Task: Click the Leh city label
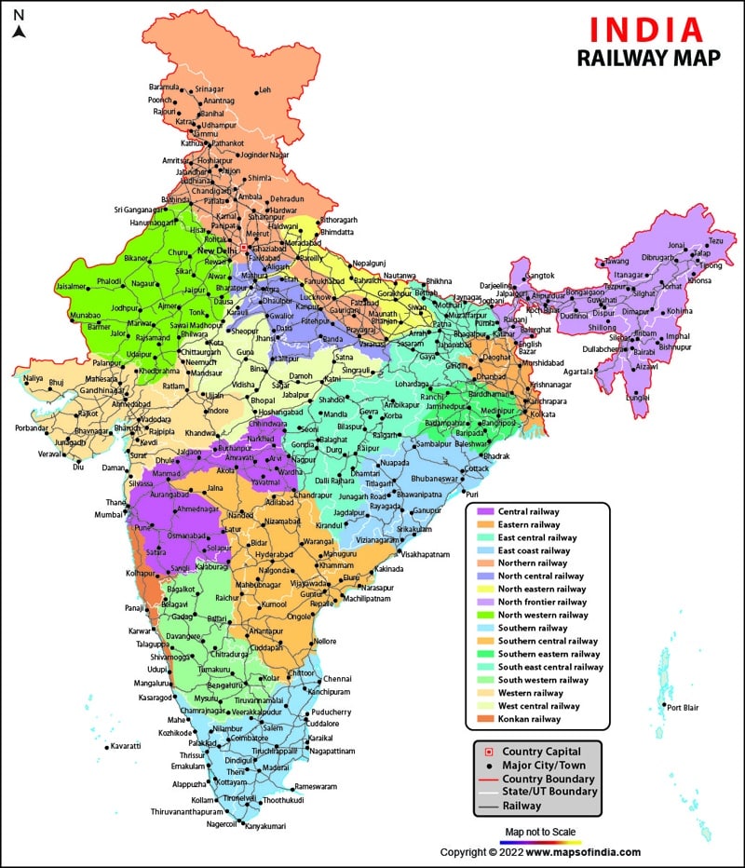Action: [x=265, y=90]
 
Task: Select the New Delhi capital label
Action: [x=218, y=251]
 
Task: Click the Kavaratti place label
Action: [x=126, y=746]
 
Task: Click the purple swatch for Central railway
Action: [x=485, y=511]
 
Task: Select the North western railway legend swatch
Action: [x=485, y=615]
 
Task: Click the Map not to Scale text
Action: [x=540, y=832]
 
